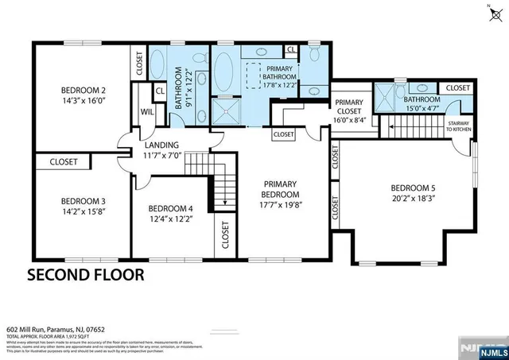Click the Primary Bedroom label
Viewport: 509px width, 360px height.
coord(281,188)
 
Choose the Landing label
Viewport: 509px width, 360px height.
coord(161,145)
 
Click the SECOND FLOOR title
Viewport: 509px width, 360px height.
coord(86,276)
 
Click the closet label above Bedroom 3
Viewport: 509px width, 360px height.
coord(64,162)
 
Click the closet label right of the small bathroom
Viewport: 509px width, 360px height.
coord(457,87)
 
